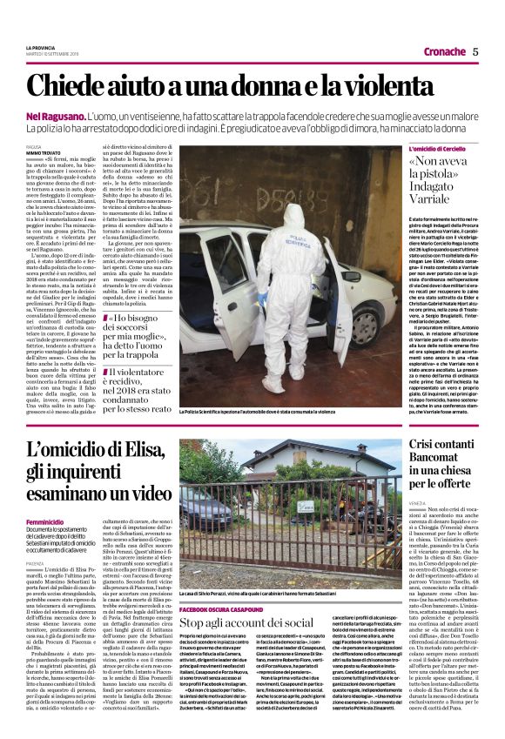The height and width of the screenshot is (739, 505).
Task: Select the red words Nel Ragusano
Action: tap(55, 117)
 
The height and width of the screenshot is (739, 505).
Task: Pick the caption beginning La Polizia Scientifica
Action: tap(261, 409)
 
